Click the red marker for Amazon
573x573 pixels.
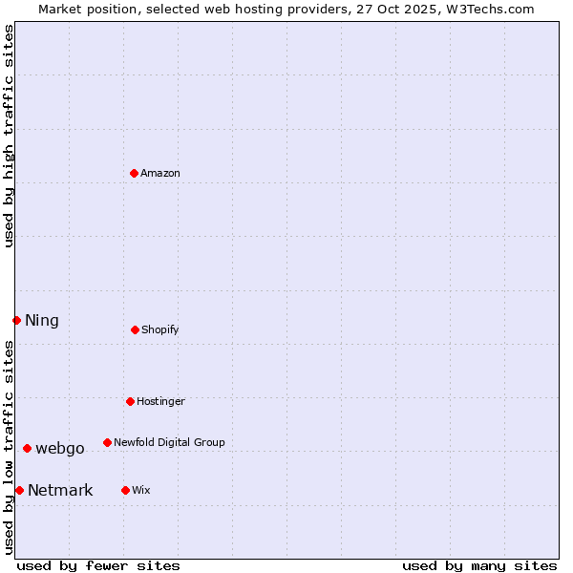point(134,173)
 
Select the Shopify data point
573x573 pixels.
point(135,329)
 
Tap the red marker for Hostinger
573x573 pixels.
point(130,401)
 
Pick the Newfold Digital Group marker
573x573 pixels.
point(107,442)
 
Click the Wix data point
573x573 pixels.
point(125,490)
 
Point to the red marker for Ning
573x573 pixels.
point(16,320)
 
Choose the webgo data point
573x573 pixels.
point(27,448)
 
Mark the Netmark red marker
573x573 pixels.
point(19,490)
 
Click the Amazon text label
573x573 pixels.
point(160,173)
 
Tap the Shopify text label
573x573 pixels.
point(160,329)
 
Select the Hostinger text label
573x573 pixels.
point(160,401)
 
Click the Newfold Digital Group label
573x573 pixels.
point(169,442)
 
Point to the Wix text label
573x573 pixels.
point(141,490)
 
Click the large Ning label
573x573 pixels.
point(42,320)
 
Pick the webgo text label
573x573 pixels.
point(60,448)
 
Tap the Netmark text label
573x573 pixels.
point(60,490)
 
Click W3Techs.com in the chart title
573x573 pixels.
point(489,9)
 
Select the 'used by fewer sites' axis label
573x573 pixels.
point(98,565)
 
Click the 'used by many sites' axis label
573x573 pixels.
point(479,565)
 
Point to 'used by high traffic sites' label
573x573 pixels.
point(9,136)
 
